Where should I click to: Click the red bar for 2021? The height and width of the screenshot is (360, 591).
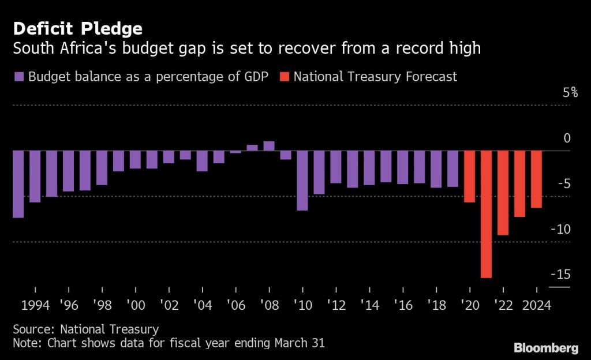click(x=486, y=214)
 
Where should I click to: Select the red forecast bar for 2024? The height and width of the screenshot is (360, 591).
click(x=537, y=179)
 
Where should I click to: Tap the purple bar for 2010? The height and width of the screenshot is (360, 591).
click(x=302, y=180)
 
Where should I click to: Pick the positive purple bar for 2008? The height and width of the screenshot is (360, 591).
click(x=268, y=145)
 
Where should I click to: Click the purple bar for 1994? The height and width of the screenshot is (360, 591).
click(x=35, y=177)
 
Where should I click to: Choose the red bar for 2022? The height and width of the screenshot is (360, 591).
click(x=503, y=193)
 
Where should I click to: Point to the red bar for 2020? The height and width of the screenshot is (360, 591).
click(x=469, y=177)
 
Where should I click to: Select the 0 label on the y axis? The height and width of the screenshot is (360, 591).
click(x=567, y=138)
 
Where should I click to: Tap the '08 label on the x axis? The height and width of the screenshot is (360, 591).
click(x=268, y=305)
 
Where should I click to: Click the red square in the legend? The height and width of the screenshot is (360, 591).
click(x=284, y=77)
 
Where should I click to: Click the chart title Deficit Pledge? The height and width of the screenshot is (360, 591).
click(x=77, y=28)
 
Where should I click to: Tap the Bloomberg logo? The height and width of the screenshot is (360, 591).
click(x=546, y=347)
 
